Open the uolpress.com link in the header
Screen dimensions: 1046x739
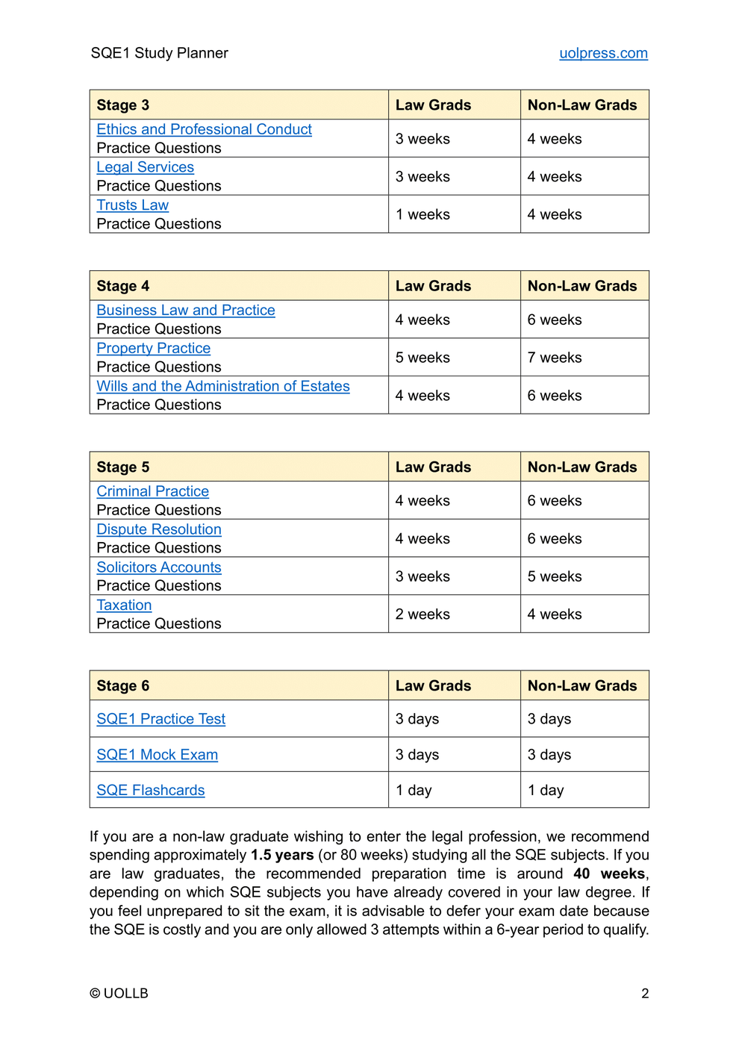[603, 53]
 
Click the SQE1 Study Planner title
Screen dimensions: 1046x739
[159, 53]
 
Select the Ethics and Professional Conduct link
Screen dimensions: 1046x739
[204, 129]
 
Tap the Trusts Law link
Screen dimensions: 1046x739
[132, 205]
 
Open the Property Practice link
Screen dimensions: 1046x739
[153, 349]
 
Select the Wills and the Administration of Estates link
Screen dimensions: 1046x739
[222, 387]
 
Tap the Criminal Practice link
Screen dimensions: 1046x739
[152, 491]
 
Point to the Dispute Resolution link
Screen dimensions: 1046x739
[158, 529]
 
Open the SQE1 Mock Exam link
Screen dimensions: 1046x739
[157, 755]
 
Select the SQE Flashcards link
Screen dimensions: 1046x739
[150, 790]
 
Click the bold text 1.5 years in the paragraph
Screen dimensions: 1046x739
[281, 855]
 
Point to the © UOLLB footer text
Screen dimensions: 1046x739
[119, 993]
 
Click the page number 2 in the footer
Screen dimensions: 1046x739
[645, 993]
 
